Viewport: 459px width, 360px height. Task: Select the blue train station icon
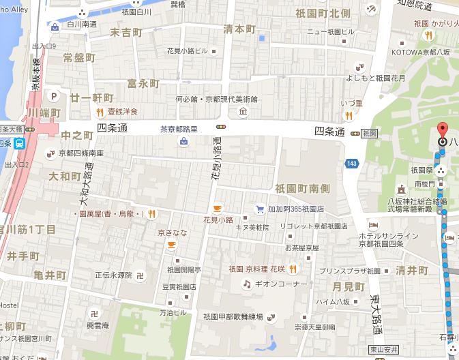point(20,143)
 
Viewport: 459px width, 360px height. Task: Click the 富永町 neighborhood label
point(143,84)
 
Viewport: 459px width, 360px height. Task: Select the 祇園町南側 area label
point(302,187)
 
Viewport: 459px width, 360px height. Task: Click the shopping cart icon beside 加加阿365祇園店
point(259,208)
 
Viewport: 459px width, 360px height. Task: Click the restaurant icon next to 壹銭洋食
point(100,112)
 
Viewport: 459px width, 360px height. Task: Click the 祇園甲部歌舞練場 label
point(232,316)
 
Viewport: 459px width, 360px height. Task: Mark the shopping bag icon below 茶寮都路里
point(183,142)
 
